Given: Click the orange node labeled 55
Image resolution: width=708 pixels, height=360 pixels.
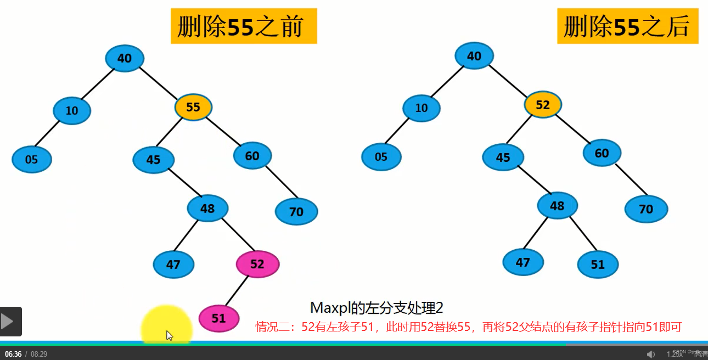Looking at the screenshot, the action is (x=193, y=108).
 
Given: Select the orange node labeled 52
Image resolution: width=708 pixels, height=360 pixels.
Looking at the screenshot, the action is (x=542, y=105).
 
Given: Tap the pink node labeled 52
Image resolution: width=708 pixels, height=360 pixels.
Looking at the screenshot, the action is (x=257, y=264).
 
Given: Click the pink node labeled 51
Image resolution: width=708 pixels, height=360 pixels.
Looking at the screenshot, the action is (x=218, y=318).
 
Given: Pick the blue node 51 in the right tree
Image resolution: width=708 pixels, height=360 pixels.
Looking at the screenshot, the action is (x=598, y=265).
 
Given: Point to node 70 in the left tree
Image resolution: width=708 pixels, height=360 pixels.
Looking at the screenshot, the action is (x=296, y=212).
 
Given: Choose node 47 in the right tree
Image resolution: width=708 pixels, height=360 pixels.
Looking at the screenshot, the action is (x=523, y=262).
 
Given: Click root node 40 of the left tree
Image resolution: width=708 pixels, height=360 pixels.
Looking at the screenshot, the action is (x=125, y=58).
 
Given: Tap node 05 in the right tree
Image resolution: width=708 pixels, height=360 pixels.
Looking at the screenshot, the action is (x=381, y=157).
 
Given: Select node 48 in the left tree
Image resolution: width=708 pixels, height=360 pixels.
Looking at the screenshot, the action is (x=207, y=209).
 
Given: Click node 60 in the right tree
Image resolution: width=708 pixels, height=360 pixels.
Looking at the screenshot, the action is (x=602, y=153).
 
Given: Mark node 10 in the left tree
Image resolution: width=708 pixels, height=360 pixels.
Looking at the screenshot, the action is (x=72, y=111).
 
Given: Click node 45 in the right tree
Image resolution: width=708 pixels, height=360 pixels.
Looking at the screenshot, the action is (x=503, y=158).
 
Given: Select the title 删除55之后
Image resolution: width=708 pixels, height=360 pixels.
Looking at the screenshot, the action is (x=627, y=26).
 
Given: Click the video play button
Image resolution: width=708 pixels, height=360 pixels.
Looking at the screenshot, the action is (x=10, y=322).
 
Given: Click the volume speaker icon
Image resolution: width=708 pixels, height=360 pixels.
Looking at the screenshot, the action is (x=651, y=354).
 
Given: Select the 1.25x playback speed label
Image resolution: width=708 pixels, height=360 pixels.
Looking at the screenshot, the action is (x=675, y=354).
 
